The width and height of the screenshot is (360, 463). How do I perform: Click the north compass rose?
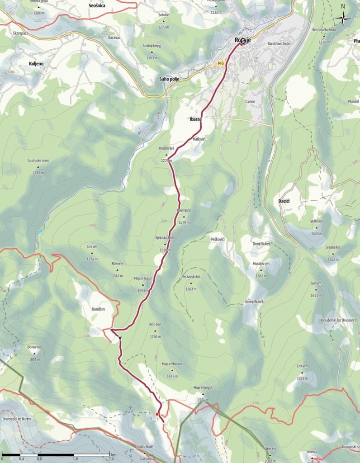coord(343,18)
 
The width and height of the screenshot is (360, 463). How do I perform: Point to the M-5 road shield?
coord(221,64)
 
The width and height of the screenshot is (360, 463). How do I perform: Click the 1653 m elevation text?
coord(142,291)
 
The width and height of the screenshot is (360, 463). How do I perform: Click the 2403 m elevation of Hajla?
coord(145,452)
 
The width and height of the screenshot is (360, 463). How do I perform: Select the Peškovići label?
coord(218,238)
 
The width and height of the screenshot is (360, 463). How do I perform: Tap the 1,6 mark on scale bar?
coord(76,458)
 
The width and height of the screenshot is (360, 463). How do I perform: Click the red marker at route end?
coord(157,414)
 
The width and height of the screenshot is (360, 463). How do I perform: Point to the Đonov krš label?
coord(34,347)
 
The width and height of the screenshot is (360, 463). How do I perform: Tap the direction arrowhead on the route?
coord(120,338)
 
